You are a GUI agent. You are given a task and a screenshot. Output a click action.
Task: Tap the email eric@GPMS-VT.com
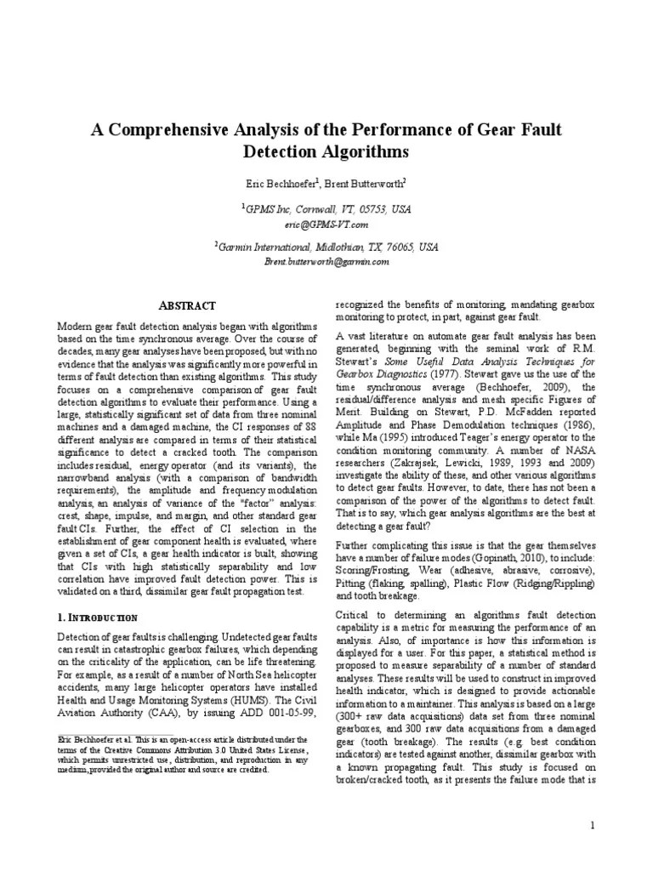pos(326,224)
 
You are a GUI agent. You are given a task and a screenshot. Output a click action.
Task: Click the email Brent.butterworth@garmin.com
pos(326,263)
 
